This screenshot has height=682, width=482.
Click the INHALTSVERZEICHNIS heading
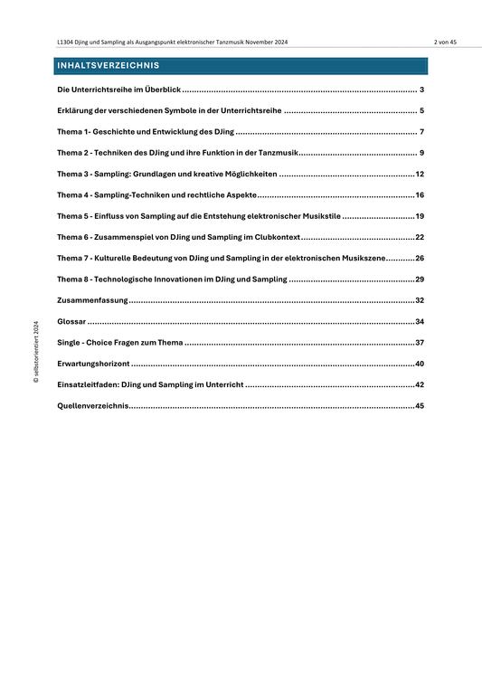[109, 66]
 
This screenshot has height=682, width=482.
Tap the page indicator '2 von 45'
[445, 43]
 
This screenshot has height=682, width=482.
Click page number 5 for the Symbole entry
[422, 110]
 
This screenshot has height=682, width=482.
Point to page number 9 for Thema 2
[422, 152]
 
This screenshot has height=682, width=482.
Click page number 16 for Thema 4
[420, 194]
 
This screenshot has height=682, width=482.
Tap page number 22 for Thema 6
[420, 237]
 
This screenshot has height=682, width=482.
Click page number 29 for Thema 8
[420, 279]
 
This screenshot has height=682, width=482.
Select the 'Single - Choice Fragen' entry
[119, 342]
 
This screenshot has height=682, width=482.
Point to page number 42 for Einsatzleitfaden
[420, 384]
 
